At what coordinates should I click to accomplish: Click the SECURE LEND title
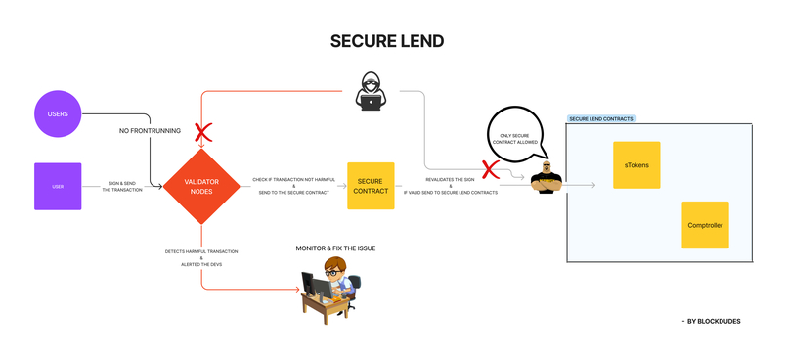(387, 41)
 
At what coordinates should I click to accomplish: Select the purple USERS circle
(58, 113)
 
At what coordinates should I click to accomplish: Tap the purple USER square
(58, 186)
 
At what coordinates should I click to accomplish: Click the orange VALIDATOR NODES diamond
(200, 186)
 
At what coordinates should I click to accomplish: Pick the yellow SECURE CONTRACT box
(371, 186)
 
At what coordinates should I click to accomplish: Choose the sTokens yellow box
(636, 165)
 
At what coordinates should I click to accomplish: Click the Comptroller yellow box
(704, 226)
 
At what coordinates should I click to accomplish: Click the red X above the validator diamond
(202, 132)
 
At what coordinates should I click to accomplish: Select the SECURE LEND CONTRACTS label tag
(601, 119)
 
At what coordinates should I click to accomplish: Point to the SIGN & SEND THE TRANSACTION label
(122, 186)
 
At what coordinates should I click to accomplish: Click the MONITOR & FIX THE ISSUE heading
(335, 248)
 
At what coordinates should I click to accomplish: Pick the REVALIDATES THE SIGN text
(451, 180)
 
